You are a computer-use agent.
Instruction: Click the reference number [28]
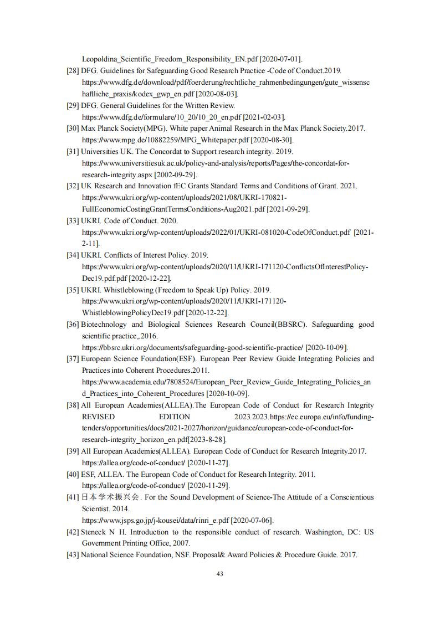point(73,70)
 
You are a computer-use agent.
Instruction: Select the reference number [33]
point(73,220)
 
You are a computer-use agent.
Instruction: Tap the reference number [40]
point(73,474)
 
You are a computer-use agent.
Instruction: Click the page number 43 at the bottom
point(220,574)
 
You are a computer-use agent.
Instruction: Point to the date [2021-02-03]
point(264,117)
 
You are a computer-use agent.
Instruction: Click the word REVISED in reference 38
point(98,417)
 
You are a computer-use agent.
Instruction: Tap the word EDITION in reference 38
point(175,417)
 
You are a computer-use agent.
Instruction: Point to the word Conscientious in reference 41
point(348,497)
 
